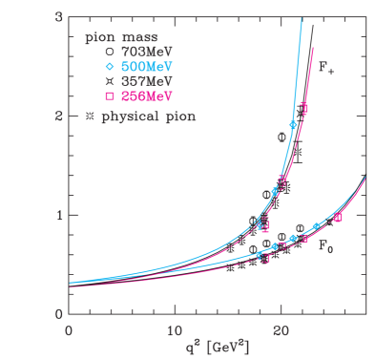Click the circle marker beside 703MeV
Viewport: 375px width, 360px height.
pos(110,51)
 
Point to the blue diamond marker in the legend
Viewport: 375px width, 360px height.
pos(110,66)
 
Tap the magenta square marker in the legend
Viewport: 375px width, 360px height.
pos(110,96)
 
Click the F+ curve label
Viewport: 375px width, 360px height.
pos(326,69)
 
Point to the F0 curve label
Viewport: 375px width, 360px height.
pos(325,247)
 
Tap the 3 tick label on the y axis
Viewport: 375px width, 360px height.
pos(59,18)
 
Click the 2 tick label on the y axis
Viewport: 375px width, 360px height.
pos(59,116)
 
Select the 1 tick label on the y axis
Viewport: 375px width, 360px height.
pos(59,215)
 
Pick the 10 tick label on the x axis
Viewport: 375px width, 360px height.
pos(174,329)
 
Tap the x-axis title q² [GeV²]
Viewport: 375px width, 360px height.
pos(218,347)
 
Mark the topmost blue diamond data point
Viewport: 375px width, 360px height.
pos(293,125)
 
